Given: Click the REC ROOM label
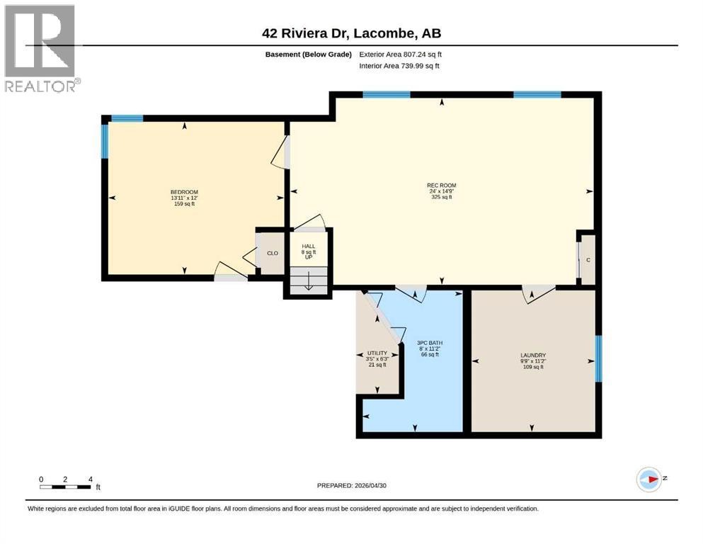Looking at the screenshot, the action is click(x=441, y=185).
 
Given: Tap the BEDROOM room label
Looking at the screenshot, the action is click(x=184, y=192).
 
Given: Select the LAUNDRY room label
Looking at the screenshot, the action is click(x=533, y=355).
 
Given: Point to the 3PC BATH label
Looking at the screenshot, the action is click(x=430, y=343).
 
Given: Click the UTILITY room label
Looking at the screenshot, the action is click(x=377, y=353).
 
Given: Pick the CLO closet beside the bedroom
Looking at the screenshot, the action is click(x=273, y=254).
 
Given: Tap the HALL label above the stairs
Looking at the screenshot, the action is click(x=309, y=246).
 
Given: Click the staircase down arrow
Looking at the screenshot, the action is click(x=309, y=283).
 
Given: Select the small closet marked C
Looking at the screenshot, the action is click(x=588, y=260).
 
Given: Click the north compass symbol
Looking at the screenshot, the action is click(x=649, y=479).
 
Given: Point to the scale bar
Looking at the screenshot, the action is click(x=65, y=487).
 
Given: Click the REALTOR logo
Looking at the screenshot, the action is click(x=40, y=47).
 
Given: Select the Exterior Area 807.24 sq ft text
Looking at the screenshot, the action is click(x=401, y=55).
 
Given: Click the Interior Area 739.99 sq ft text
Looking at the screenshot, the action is click(x=399, y=66).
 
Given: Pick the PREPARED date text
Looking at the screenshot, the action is click(x=351, y=485).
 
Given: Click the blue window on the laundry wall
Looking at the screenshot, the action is click(x=598, y=358).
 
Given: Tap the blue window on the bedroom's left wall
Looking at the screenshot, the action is click(x=105, y=141).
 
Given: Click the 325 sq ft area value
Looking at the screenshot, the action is click(x=441, y=197).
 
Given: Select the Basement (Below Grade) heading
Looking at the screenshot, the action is click(x=309, y=55).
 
